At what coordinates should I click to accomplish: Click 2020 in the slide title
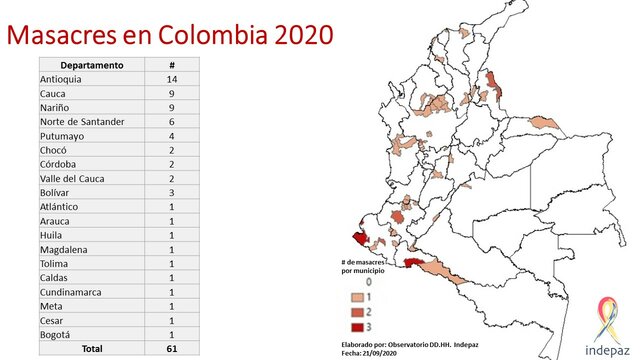click(296, 35)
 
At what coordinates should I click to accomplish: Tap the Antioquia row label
click(62, 79)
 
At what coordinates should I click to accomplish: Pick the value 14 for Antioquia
click(172, 79)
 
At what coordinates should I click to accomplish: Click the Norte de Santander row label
click(82, 122)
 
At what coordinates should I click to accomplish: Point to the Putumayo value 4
click(172, 136)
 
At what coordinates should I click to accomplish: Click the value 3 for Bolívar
click(172, 192)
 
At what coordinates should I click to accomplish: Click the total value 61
click(172, 348)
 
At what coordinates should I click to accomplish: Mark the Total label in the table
click(120, 348)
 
